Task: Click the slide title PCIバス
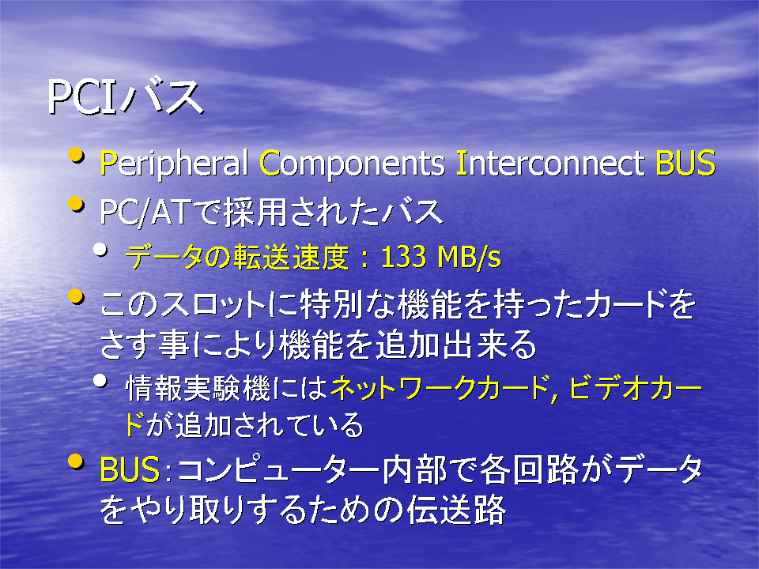(x=126, y=98)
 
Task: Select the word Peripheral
(x=174, y=163)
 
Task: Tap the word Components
(x=352, y=164)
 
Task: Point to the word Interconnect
(x=550, y=163)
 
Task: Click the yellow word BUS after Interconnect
(x=685, y=163)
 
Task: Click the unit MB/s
(x=469, y=257)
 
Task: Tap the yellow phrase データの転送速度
(x=237, y=257)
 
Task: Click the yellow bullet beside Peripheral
(x=76, y=156)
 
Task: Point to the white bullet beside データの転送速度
(x=100, y=250)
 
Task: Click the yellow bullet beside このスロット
(x=76, y=296)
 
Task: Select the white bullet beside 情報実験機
(x=100, y=381)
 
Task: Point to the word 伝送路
(x=456, y=510)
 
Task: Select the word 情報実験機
(x=198, y=389)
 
